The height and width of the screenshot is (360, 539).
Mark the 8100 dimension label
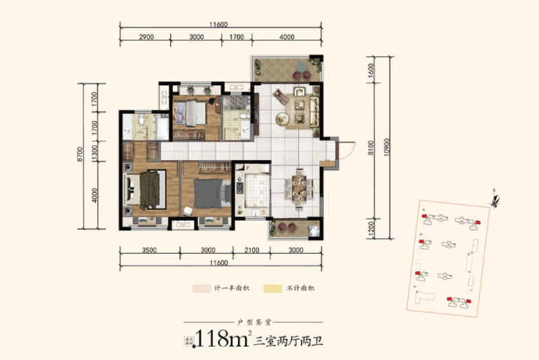[x=371, y=155]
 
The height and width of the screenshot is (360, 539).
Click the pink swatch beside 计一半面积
[x=200, y=287]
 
